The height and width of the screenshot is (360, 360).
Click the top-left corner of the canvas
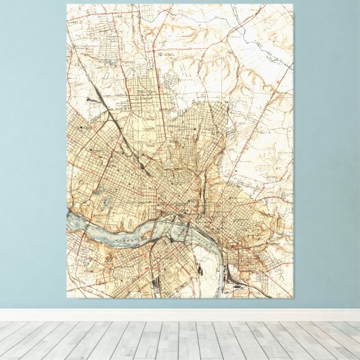coord(67,5)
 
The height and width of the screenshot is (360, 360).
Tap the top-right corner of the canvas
coord(293,5)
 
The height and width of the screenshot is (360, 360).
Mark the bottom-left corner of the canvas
coord(67,298)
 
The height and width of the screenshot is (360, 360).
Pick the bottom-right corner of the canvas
coord(293,298)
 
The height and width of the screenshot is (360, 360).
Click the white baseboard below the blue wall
coord(180,314)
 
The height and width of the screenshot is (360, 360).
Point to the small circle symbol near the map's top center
coord(158,50)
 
